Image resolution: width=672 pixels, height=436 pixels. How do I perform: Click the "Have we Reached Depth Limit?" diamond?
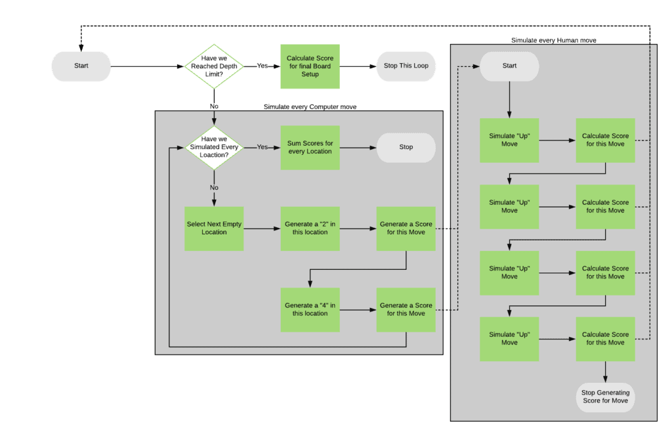point(214,66)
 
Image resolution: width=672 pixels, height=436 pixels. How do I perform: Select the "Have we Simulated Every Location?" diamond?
point(214,147)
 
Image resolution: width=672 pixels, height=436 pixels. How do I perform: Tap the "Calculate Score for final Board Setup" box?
point(310,66)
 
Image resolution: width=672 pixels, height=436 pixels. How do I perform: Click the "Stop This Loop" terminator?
point(406,66)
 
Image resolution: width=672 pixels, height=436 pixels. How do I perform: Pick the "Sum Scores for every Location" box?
point(310,147)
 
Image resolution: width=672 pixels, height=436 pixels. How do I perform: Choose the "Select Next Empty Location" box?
point(214,228)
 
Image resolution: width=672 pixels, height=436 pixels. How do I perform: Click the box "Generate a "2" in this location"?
point(310,228)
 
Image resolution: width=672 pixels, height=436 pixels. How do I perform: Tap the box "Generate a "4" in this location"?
point(310,309)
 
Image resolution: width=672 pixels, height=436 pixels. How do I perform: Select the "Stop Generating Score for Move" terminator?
point(605,397)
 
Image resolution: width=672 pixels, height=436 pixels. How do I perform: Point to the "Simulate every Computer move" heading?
point(310,106)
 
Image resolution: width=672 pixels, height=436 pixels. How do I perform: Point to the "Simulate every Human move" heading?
point(553,41)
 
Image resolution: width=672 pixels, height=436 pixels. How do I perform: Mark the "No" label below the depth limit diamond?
point(214,106)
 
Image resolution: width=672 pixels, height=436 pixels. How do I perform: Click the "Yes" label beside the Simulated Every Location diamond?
point(262,147)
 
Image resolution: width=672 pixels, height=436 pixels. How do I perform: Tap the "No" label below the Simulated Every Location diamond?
point(214,187)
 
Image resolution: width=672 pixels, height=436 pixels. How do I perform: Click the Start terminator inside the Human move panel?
point(509,66)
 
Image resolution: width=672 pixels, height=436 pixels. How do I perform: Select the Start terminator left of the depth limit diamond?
point(81,66)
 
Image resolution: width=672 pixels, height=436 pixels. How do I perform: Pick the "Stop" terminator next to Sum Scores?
point(406,147)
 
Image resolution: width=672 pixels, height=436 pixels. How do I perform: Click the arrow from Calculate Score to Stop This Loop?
point(358,66)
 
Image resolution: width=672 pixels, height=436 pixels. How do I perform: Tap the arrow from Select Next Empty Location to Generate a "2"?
point(262,229)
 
